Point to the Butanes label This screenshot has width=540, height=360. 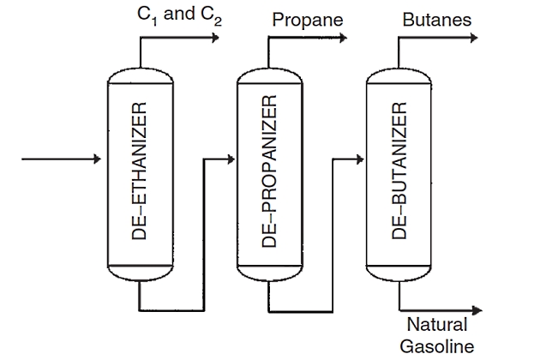[436, 19]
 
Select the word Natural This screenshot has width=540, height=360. [436, 326]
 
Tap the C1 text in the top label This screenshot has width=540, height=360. [146, 16]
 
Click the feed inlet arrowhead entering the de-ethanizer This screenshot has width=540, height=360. [98, 159]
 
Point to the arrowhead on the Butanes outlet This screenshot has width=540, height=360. [477, 39]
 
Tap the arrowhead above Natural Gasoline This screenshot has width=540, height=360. [477, 309]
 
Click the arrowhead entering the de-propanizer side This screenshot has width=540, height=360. [229, 159]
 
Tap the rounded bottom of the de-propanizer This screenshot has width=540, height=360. [269, 276]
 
